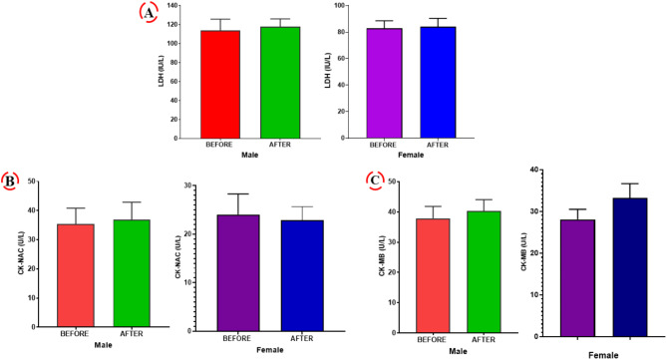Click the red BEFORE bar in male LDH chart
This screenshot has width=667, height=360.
220,84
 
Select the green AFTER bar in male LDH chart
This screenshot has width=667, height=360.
280,83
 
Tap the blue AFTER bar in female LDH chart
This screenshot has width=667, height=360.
438,83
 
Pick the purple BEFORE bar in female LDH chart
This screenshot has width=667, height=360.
385,84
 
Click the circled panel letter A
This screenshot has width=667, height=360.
149,13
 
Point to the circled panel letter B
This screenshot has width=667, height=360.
9,181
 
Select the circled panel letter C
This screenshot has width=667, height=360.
375,180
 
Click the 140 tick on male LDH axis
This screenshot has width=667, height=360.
172,6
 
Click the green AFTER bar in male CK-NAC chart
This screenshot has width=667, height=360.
132,273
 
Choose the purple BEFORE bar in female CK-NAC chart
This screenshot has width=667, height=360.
238,273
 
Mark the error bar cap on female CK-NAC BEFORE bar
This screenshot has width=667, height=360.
238,194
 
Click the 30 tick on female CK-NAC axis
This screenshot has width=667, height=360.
186,185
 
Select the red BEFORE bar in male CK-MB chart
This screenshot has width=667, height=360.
433,276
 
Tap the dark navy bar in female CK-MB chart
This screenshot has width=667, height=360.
630,267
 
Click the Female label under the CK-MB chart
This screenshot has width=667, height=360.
603,355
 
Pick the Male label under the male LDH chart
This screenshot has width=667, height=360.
249,155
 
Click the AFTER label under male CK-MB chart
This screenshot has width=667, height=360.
484,340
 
